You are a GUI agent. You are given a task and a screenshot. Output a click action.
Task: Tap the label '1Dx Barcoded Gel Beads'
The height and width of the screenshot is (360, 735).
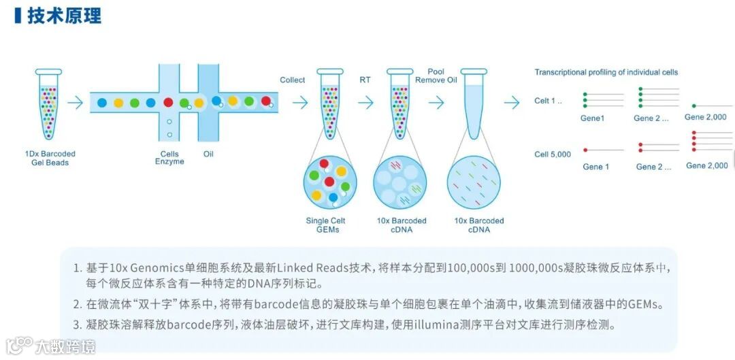[x=50, y=159]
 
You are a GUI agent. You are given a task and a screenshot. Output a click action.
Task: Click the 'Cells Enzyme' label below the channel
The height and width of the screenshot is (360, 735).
[x=169, y=158]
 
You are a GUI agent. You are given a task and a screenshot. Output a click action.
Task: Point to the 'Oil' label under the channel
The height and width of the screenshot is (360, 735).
[x=208, y=154]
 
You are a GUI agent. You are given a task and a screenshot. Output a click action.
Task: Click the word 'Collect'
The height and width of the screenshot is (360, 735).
[x=293, y=80]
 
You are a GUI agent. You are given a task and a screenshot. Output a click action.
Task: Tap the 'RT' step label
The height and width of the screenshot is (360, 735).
[x=365, y=80]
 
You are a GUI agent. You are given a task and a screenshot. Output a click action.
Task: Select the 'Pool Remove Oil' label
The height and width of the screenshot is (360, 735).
[x=436, y=76]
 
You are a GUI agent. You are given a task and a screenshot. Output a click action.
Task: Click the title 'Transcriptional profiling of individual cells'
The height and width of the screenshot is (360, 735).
[x=606, y=72]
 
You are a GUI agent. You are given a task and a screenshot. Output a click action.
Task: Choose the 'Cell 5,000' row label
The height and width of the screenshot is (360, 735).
[x=553, y=154]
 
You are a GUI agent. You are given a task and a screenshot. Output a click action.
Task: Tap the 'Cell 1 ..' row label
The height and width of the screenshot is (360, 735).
[x=549, y=101]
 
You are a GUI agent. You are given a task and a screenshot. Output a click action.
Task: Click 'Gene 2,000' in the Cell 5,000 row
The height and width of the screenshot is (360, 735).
[x=706, y=165]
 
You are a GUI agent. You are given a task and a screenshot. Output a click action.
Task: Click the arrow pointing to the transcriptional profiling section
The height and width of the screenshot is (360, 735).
[x=512, y=103]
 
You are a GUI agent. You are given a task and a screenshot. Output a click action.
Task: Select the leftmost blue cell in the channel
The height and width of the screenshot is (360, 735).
[x=102, y=103]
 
